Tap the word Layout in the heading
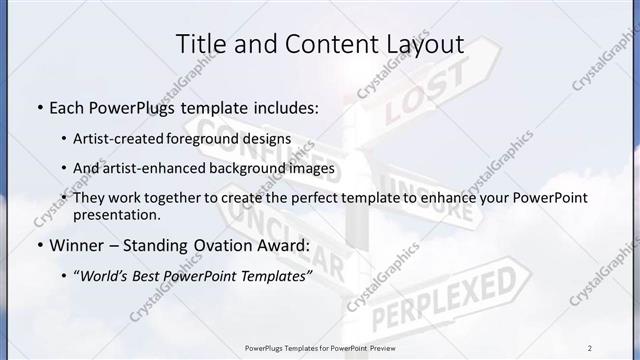coord(424,44)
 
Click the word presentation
coord(116,215)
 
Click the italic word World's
coord(106,275)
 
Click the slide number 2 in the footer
coord(590,348)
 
